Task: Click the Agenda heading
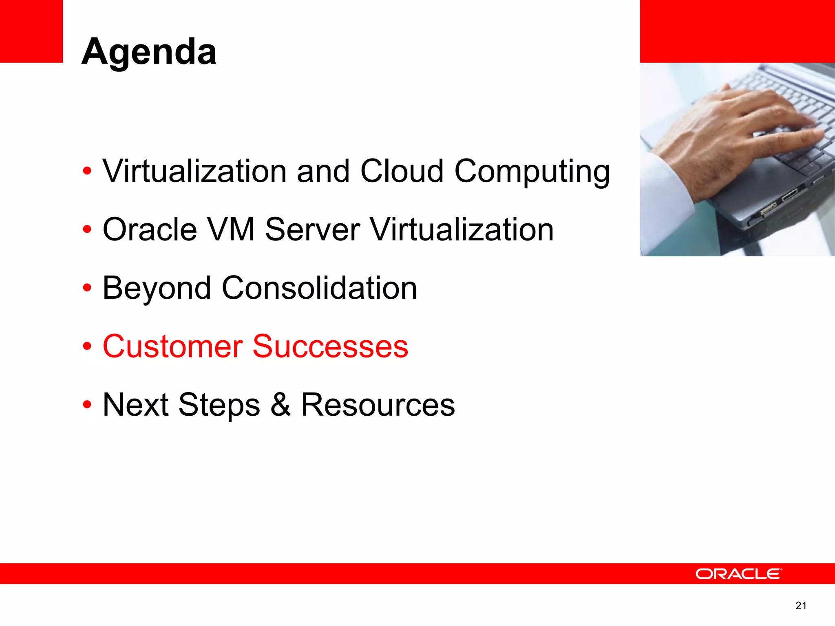pyautogui.click(x=149, y=52)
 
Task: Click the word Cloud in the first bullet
pyautogui.click(x=402, y=171)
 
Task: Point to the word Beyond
pyautogui.click(x=157, y=289)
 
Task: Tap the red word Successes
pyautogui.click(x=330, y=346)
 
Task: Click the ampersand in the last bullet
pyautogui.click(x=281, y=405)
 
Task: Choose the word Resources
pyautogui.click(x=378, y=405)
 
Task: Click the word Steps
pyautogui.click(x=219, y=406)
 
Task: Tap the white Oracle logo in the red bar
pyautogui.click(x=738, y=574)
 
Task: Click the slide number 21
pyautogui.click(x=801, y=606)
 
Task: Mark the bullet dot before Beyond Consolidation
pyautogui.click(x=87, y=288)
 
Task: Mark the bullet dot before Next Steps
pyautogui.click(x=87, y=405)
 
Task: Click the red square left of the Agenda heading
pyautogui.click(x=31, y=31)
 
